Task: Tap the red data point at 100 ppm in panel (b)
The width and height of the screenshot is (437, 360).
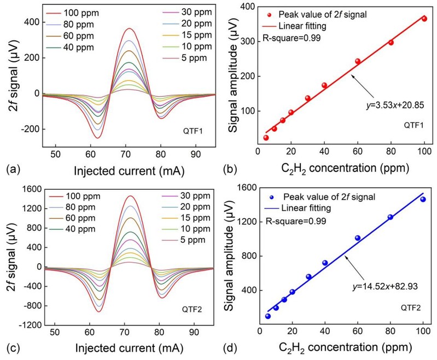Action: [x=424, y=19]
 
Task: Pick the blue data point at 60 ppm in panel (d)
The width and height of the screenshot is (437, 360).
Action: [x=358, y=238]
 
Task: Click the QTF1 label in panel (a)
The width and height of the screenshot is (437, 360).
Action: [x=193, y=132]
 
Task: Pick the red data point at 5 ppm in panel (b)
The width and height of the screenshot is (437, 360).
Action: [x=266, y=137]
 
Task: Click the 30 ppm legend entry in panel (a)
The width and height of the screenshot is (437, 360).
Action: [x=178, y=11]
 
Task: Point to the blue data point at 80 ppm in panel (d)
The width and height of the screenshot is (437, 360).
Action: [x=391, y=217]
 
